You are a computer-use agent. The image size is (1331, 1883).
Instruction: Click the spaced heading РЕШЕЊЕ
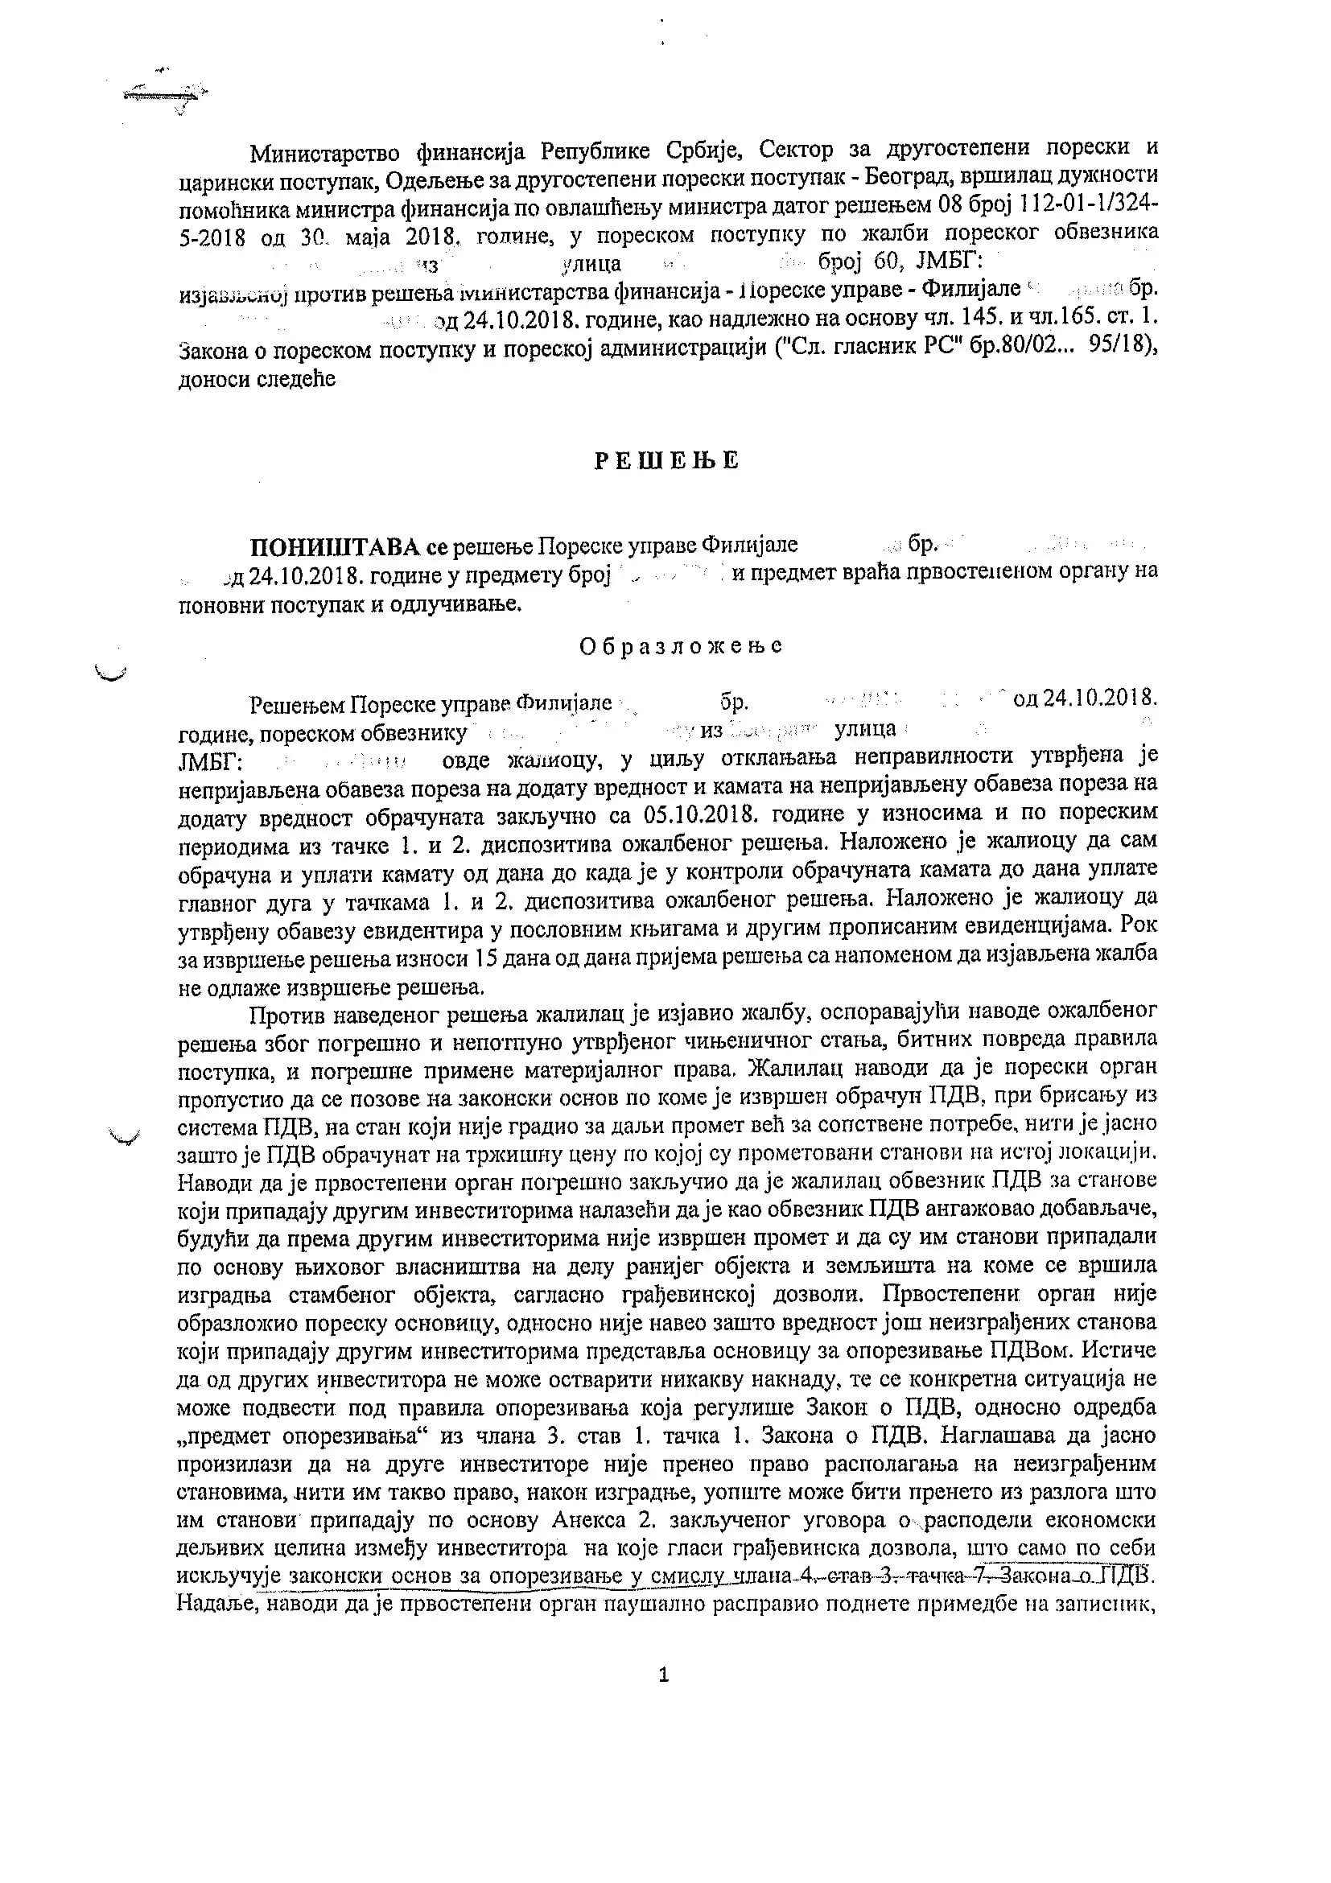[x=666, y=461]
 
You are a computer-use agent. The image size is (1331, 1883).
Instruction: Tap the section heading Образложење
[x=680, y=646]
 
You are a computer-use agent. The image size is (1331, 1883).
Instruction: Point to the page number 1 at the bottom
[x=663, y=1675]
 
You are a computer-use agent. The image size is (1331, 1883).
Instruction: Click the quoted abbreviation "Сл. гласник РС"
[x=872, y=347]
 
